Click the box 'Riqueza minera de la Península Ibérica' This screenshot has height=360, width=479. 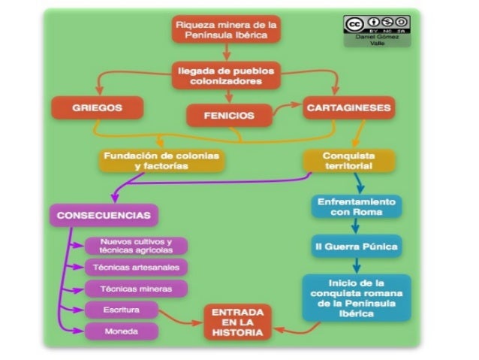click(x=226, y=30)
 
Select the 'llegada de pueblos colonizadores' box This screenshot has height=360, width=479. click(x=226, y=74)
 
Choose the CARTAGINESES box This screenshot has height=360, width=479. click(x=348, y=107)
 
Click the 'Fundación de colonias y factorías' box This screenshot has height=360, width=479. click(x=161, y=160)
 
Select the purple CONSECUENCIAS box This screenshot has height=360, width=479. click(x=104, y=216)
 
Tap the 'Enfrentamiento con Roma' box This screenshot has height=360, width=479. click(x=356, y=207)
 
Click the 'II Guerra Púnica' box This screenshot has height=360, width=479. click(x=356, y=246)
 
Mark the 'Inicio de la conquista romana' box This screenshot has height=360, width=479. click(x=356, y=298)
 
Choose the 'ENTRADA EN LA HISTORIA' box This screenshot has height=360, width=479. click(x=237, y=321)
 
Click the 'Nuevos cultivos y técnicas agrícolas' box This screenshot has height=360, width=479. click(x=136, y=246)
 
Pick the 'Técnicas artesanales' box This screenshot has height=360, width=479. click(x=136, y=267)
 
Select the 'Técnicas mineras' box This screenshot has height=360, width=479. click(x=136, y=288)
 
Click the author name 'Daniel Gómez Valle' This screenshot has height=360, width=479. click(x=377, y=41)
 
